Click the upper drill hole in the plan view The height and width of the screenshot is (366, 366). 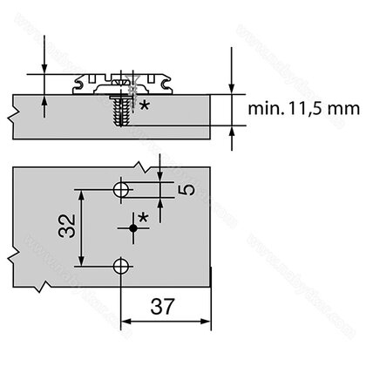[x=122, y=189]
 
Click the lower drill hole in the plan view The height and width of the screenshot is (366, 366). [x=122, y=267]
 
